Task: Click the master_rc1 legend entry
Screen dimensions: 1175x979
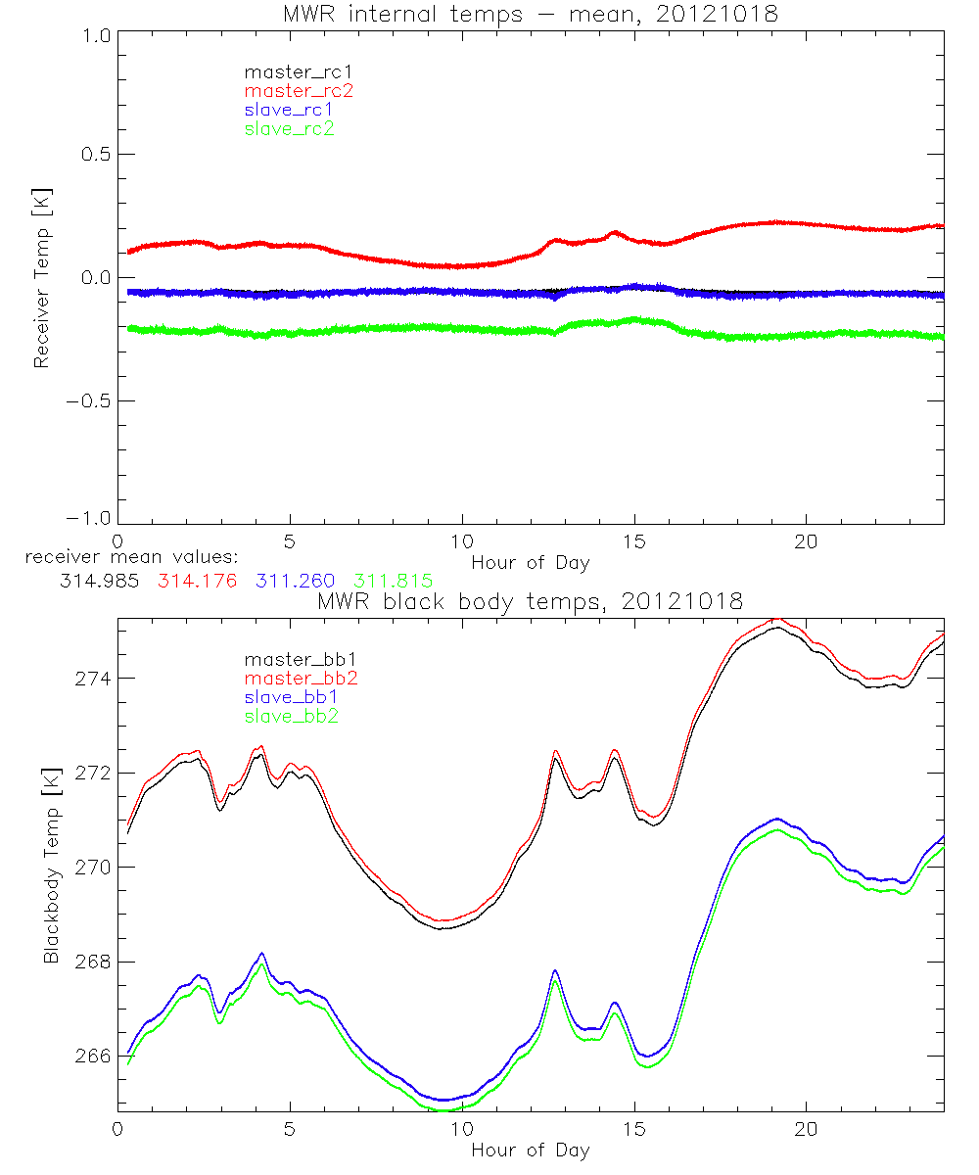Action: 289,71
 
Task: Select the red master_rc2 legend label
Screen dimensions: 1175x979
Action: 289,90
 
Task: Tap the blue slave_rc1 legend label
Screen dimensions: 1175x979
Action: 289,109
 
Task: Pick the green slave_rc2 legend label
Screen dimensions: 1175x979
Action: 289,127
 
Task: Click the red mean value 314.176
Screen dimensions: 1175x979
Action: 193,581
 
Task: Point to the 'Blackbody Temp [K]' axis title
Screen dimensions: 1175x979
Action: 50,866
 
